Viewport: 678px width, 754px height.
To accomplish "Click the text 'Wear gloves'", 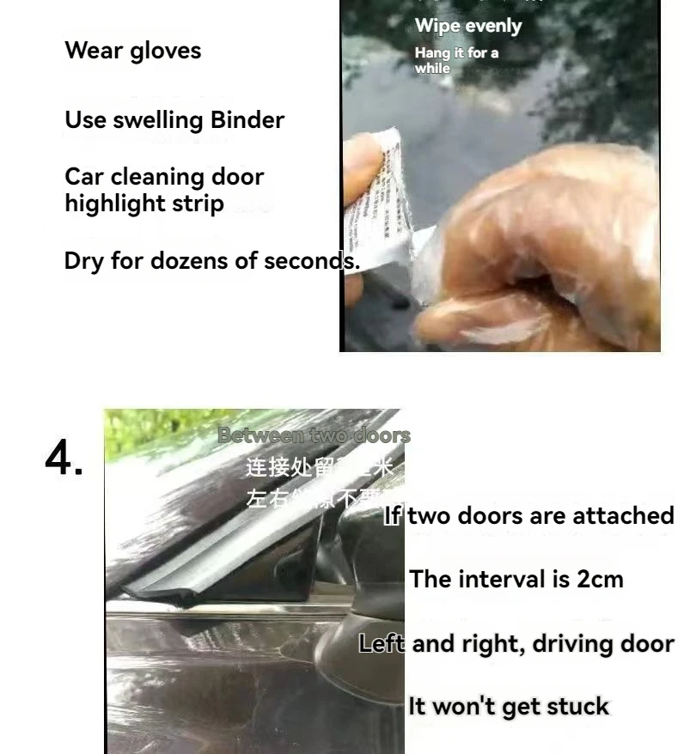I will [x=132, y=51].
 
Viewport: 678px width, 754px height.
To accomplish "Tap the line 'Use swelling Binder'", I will [x=174, y=120].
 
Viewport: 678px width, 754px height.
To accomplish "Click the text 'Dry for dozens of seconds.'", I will [x=211, y=261].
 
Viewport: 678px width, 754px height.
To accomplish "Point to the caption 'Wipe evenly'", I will [x=467, y=26].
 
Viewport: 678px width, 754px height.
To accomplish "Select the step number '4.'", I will [x=64, y=459].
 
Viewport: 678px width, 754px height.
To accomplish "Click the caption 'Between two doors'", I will [x=314, y=435].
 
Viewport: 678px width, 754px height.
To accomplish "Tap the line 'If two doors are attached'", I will [x=528, y=515].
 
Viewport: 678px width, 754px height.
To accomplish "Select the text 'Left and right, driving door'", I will [x=516, y=644].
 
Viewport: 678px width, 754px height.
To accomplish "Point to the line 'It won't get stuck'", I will [x=509, y=707].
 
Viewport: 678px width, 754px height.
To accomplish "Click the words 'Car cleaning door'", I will [x=164, y=178].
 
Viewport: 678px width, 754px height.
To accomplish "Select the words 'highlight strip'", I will [x=144, y=204].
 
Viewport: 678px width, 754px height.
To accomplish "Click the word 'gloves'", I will [x=166, y=51].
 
